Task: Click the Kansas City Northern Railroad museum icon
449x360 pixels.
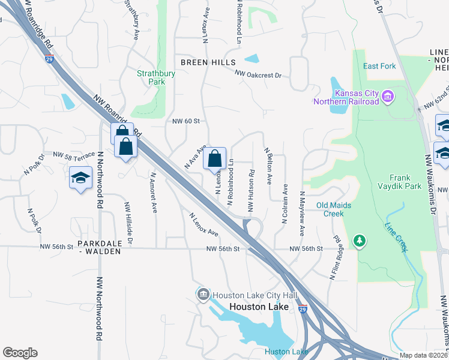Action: point(387,95)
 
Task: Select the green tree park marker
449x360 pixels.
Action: point(359,241)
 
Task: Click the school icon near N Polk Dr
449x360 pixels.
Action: point(80,178)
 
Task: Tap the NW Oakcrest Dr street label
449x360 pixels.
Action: point(258,75)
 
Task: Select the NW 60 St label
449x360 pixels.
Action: point(185,121)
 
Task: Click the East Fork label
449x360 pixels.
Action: point(379,66)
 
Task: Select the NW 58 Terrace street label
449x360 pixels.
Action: point(73,155)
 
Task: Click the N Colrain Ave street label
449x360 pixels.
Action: point(285,204)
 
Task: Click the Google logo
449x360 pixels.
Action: point(20,353)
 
